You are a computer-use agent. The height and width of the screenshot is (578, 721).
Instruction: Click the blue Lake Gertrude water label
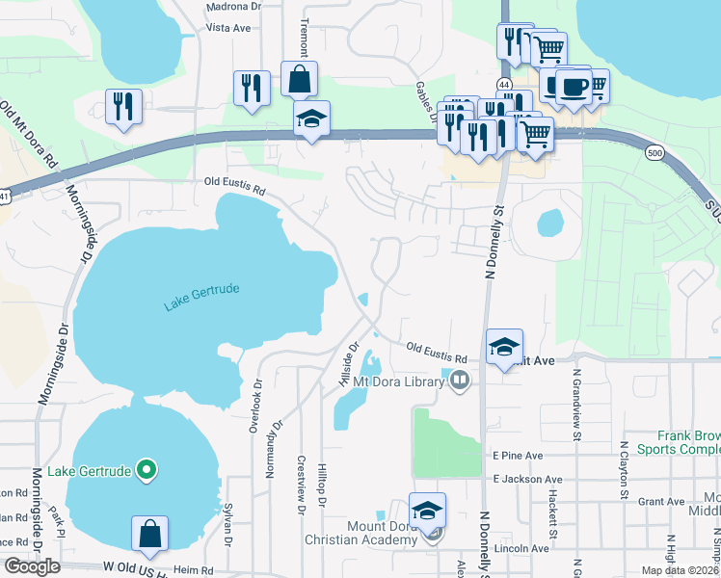click(x=200, y=296)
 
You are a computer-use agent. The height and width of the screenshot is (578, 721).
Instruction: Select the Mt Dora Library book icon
click(x=460, y=382)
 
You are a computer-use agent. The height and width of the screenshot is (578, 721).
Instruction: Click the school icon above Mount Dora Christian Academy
click(x=428, y=511)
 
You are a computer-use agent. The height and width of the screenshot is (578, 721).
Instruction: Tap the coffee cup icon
click(x=575, y=87)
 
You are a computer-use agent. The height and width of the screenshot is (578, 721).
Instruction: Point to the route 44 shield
click(x=505, y=86)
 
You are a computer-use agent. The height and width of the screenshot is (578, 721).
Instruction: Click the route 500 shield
click(x=654, y=153)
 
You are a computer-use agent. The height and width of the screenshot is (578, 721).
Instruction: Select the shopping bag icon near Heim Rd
click(x=150, y=534)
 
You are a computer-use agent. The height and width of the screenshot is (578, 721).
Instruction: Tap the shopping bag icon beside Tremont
click(x=299, y=79)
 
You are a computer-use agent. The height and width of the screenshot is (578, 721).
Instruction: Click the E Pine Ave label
click(x=518, y=455)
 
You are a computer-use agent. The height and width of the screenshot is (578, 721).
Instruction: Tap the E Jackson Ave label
click(x=526, y=479)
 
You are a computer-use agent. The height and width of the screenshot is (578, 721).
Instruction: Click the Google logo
click(x=32, y=566)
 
